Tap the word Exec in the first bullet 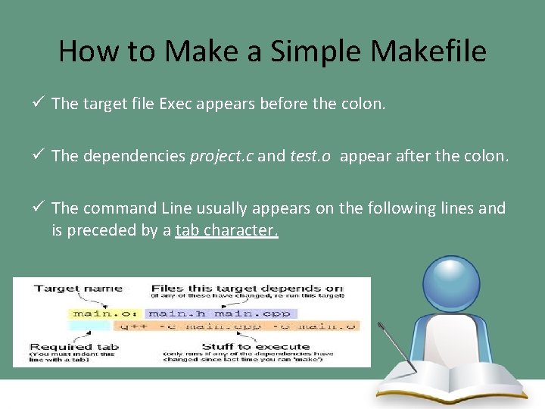click(x=176, y=104)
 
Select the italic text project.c click(x=222, y=156)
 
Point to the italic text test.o click(x=310, y=156)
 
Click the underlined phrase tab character click(x=226, y=230)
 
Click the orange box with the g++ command click(x=235, y=326)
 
